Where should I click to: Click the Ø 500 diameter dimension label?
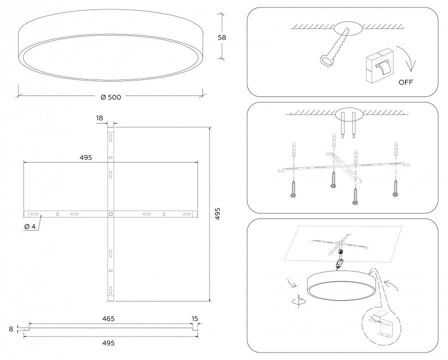111,97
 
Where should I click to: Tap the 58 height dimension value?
222,37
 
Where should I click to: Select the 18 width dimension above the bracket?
99,118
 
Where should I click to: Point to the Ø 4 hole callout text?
29,226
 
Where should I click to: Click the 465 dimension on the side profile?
108,318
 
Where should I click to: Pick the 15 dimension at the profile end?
194,318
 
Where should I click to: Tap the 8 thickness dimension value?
11,329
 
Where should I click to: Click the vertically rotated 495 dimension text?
217,213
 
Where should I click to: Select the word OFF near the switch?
405,82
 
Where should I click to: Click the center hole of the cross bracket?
110,213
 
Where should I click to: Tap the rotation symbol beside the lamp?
298,301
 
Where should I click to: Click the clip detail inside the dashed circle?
381,324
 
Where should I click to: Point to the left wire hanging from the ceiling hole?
342,125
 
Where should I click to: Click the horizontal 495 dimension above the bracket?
86,157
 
